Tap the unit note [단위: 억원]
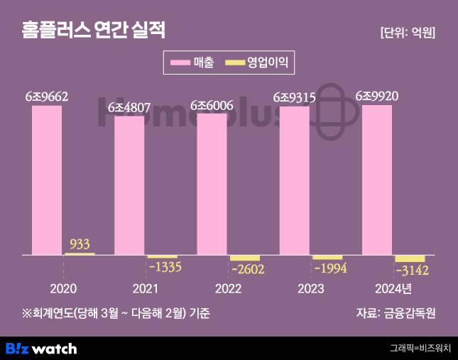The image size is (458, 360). coord(407,33)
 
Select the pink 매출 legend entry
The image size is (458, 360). coord(192,63)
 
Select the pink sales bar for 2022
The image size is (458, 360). coord(212,183)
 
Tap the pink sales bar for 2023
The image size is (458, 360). coord(294,180)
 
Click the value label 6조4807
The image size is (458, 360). coord(129,108)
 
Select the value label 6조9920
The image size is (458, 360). coord(376,96)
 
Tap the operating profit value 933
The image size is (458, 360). coord(80,244)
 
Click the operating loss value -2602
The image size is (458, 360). coord(246,269)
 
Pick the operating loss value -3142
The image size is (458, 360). coord(410,271)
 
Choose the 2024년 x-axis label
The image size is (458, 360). coord(392,288)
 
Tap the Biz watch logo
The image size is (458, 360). coord(41,349)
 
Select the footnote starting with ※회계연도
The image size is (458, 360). coord(116,312)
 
